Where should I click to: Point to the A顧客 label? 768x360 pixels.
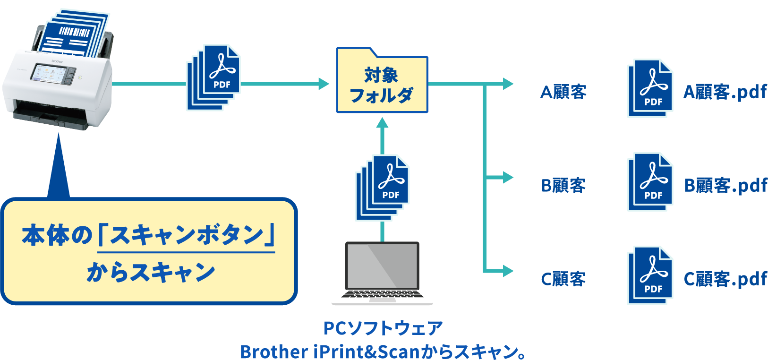563,92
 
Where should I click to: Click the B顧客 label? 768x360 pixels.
563,185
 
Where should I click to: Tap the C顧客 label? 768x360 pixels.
563,279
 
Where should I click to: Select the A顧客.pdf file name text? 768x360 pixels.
725,92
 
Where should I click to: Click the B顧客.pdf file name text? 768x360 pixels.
725,185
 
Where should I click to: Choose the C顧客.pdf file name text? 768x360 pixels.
725,279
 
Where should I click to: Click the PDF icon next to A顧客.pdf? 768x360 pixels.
650,88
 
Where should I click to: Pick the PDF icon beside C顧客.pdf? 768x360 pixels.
650,275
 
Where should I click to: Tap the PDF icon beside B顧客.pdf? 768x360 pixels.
650,182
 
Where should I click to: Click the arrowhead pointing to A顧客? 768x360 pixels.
508,84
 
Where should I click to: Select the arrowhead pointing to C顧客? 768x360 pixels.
508,271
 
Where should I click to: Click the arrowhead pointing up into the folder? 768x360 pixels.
382,123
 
